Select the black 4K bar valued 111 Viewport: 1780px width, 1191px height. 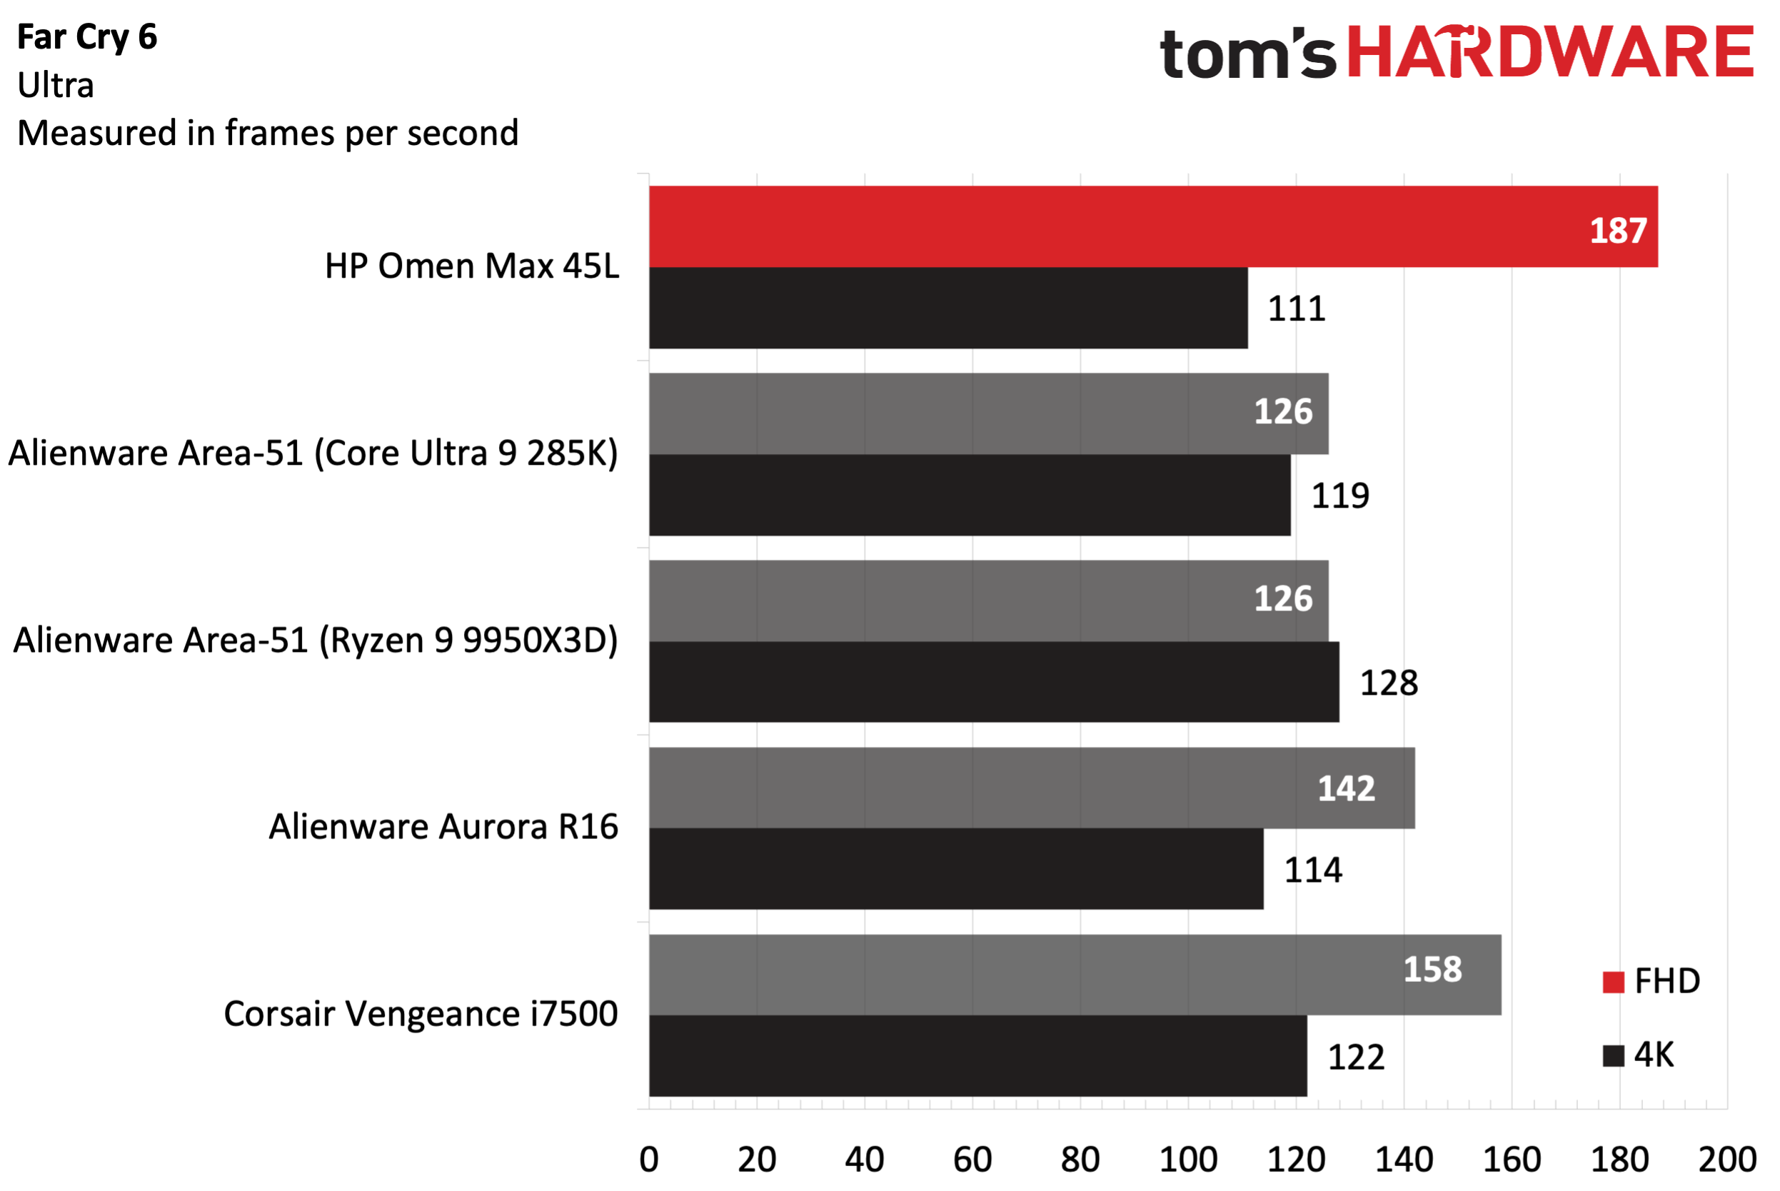click(947, 308)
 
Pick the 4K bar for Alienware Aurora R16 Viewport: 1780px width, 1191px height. click(955, 868)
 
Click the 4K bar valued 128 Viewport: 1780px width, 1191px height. click(993, 681)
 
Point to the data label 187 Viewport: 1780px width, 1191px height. click(1617, 231)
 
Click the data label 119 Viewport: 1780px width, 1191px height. click(1340, 496)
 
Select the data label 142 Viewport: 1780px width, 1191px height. click(1346, 788)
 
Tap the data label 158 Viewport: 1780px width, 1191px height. click(1432, 969)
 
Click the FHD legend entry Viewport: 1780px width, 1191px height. click(1651, 981)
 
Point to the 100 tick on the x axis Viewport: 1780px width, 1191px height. click(1187, 1159)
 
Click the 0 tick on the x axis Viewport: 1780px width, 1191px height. click(648, 1159)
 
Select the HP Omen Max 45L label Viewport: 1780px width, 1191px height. click(471, 266)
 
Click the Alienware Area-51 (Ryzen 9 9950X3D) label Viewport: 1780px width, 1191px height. click(315, 640)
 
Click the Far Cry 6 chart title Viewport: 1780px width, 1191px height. click(86, 37)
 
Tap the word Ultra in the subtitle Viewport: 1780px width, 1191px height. click(56, 85)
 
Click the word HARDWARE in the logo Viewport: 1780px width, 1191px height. click(1549, 53)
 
